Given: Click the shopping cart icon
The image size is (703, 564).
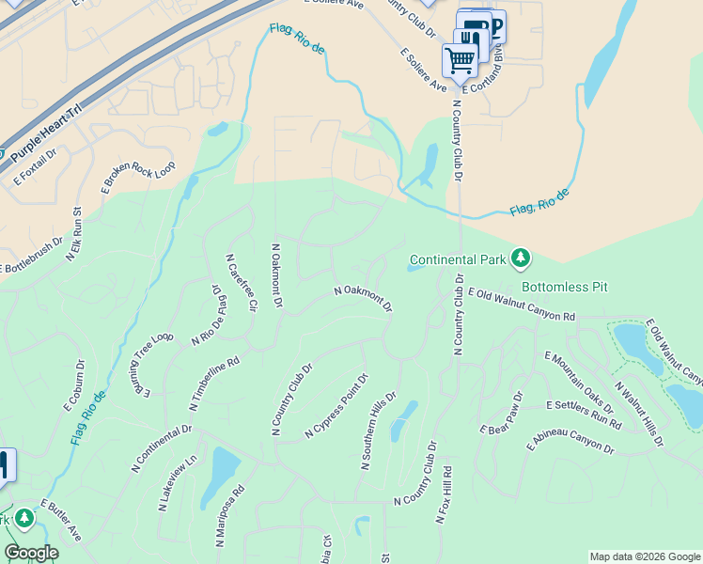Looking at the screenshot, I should click(460, 60).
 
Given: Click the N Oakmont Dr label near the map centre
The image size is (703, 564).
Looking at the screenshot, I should click(363, 299).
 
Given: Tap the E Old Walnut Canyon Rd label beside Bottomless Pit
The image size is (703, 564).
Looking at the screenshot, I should click(521, 306).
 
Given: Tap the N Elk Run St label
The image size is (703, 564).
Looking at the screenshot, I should click(74, 233).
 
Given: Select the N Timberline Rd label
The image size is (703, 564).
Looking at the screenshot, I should click(214, 384).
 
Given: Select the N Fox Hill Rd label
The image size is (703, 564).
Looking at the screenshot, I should click(445, 494).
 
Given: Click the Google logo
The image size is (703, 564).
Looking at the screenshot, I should click(31, 553).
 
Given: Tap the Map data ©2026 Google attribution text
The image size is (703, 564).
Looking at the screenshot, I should click(645, 556).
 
